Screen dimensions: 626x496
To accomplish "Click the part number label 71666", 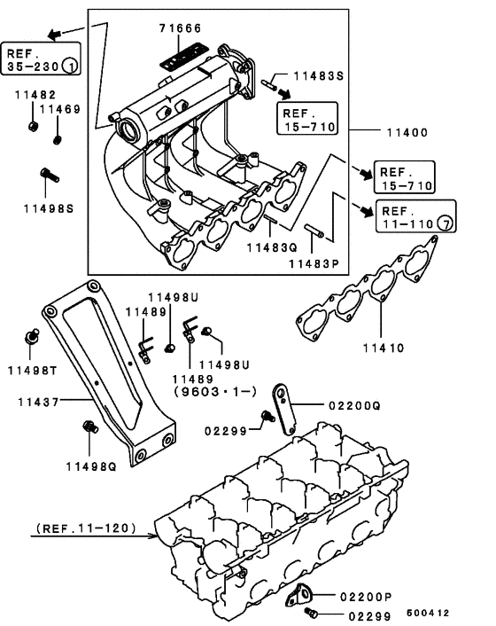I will point(180,29).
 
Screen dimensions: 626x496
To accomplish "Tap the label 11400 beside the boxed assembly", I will point(406,132).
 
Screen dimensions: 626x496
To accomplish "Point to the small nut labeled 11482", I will point(33,123).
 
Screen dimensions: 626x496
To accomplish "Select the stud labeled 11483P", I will point(315,233).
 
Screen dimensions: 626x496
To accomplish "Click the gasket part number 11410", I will point(381,348).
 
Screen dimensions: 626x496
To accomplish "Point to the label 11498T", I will point(35,368).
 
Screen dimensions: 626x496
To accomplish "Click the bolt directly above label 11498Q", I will point(87,428).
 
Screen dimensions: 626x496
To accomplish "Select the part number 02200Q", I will point(353,404).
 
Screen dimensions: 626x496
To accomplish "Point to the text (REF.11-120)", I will point(86,529).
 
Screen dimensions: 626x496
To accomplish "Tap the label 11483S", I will point(318,76).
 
